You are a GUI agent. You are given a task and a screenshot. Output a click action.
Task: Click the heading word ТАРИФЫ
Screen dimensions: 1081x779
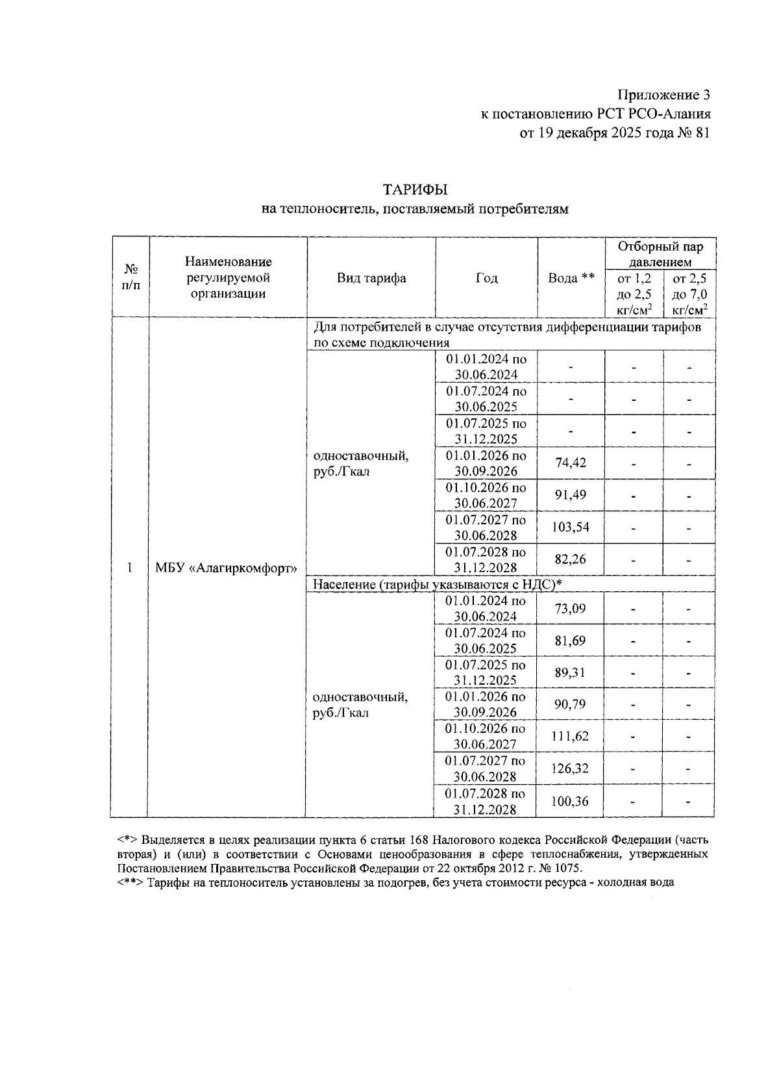415,190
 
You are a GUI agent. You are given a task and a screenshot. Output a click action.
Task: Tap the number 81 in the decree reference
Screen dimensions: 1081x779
702,133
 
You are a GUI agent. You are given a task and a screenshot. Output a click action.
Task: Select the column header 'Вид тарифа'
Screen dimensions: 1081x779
371,278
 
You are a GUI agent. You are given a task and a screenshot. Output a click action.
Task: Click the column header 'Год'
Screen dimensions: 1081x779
486,278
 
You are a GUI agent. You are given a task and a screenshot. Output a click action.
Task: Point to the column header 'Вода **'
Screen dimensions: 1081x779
571,278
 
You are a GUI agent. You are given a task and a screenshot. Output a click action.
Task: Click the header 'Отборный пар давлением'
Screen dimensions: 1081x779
660,254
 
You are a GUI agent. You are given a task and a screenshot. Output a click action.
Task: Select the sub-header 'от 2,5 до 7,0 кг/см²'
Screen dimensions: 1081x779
689,294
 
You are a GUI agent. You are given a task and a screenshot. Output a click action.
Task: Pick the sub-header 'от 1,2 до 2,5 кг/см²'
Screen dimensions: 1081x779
634,294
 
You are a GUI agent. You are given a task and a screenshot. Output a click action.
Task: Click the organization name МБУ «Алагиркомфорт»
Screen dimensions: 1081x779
226,568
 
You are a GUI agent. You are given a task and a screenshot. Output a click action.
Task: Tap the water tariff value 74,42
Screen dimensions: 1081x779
571,463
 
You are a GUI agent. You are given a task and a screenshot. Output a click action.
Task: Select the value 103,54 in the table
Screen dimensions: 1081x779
571,527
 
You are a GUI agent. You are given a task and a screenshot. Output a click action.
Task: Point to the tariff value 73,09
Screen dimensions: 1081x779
570,609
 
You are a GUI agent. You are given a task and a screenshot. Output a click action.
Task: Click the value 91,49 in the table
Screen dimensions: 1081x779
571,495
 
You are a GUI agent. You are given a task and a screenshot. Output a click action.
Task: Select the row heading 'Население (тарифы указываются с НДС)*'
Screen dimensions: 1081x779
437,585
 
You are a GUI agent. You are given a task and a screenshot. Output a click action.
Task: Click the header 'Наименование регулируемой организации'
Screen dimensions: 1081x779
228,277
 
